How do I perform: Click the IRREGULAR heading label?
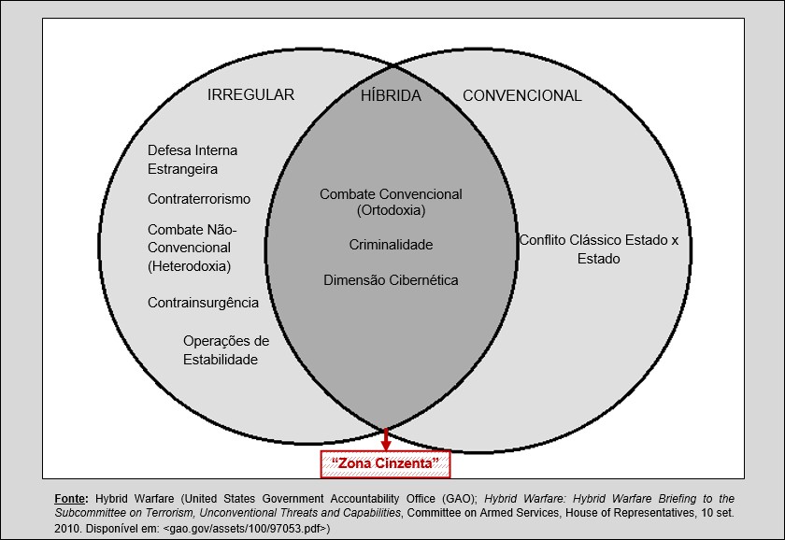(250, 95)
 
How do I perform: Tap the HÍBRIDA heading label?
(391, 95)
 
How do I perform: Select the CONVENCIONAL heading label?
(522, 95)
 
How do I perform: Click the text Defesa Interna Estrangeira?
(193, 160)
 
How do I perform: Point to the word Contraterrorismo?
(199, 199)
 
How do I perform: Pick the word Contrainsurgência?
(203, 303)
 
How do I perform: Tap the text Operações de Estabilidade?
(225, 349)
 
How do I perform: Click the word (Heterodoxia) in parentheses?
(189, 266)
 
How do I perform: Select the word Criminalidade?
(391, 244)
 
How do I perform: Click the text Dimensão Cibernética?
(391, 279)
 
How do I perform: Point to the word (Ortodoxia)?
(391, 211)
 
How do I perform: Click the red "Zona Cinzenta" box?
(386, 462)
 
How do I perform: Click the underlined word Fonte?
(72, 499)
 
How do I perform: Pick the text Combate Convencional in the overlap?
(391, 194)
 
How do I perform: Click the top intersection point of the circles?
(392, 64)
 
